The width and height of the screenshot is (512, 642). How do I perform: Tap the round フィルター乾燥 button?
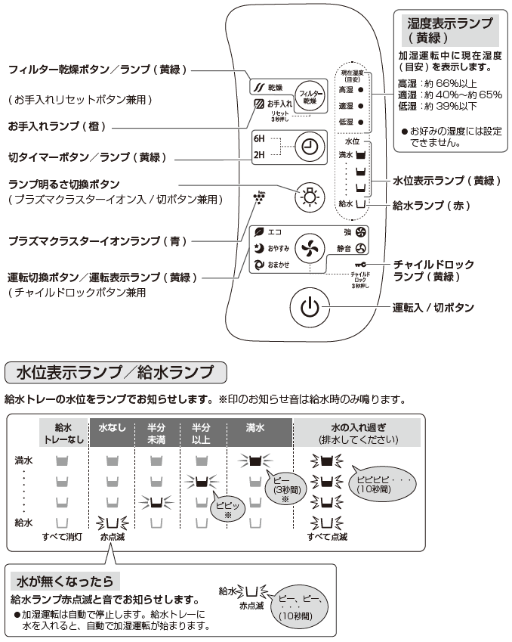pyautogui.click(x=309, y=95)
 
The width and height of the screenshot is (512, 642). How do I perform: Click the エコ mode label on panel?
pyautogui.click(x=273, y=231)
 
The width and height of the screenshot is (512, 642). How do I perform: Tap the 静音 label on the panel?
pyautogui.click(x=344, y=248)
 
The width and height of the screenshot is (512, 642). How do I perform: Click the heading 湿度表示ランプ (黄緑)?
pyautogui.click(x=450, y=29)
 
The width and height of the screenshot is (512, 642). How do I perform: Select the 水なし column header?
pyautogui.click(x=112, y=428)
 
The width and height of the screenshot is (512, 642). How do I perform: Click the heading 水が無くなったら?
pyautogui.click(x=66, y=581)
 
